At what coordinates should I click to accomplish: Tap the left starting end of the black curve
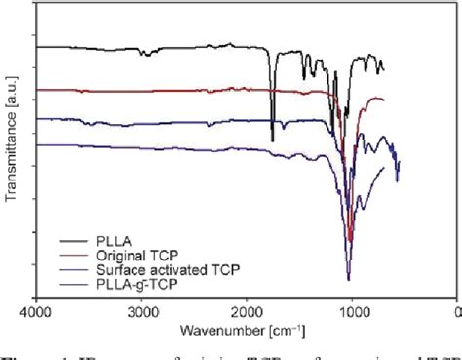click(37, 46)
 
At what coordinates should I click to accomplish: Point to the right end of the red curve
click(384, 100)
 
